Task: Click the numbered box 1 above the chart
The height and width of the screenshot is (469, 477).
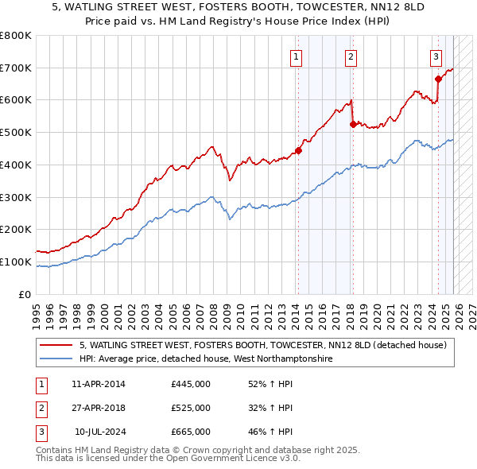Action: coord(296,56)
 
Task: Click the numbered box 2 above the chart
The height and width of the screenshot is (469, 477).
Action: coord(351,56)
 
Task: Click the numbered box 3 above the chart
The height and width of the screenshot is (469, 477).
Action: coord(436,56)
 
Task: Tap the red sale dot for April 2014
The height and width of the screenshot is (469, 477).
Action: coord(298,150)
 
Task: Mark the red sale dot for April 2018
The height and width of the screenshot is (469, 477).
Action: coord(353,124)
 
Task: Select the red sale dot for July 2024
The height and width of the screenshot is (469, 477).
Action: coord(438,79)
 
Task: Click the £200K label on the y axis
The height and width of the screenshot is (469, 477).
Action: coord(16,230)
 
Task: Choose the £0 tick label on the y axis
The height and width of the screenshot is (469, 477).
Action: coord(25,295)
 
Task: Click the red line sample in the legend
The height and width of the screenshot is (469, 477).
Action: coord(56,345)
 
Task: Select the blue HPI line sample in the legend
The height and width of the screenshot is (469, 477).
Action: coord(56,359)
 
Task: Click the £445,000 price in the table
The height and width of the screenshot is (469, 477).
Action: coord(191,383)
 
